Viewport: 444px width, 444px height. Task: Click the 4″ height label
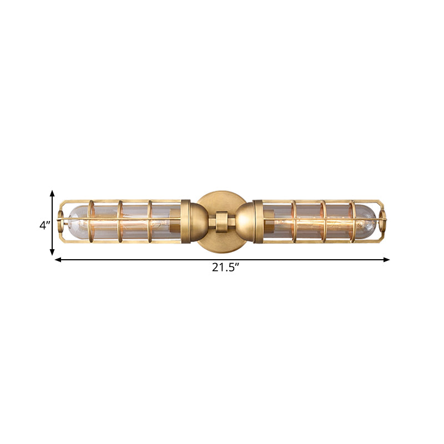click(45, 225)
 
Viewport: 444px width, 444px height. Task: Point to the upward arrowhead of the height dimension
click(52, 193)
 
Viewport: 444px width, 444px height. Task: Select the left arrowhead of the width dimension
click(57, 259)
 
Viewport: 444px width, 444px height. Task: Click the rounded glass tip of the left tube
click(72, 220)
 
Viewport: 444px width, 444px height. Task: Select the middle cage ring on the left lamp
click(120, 221)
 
